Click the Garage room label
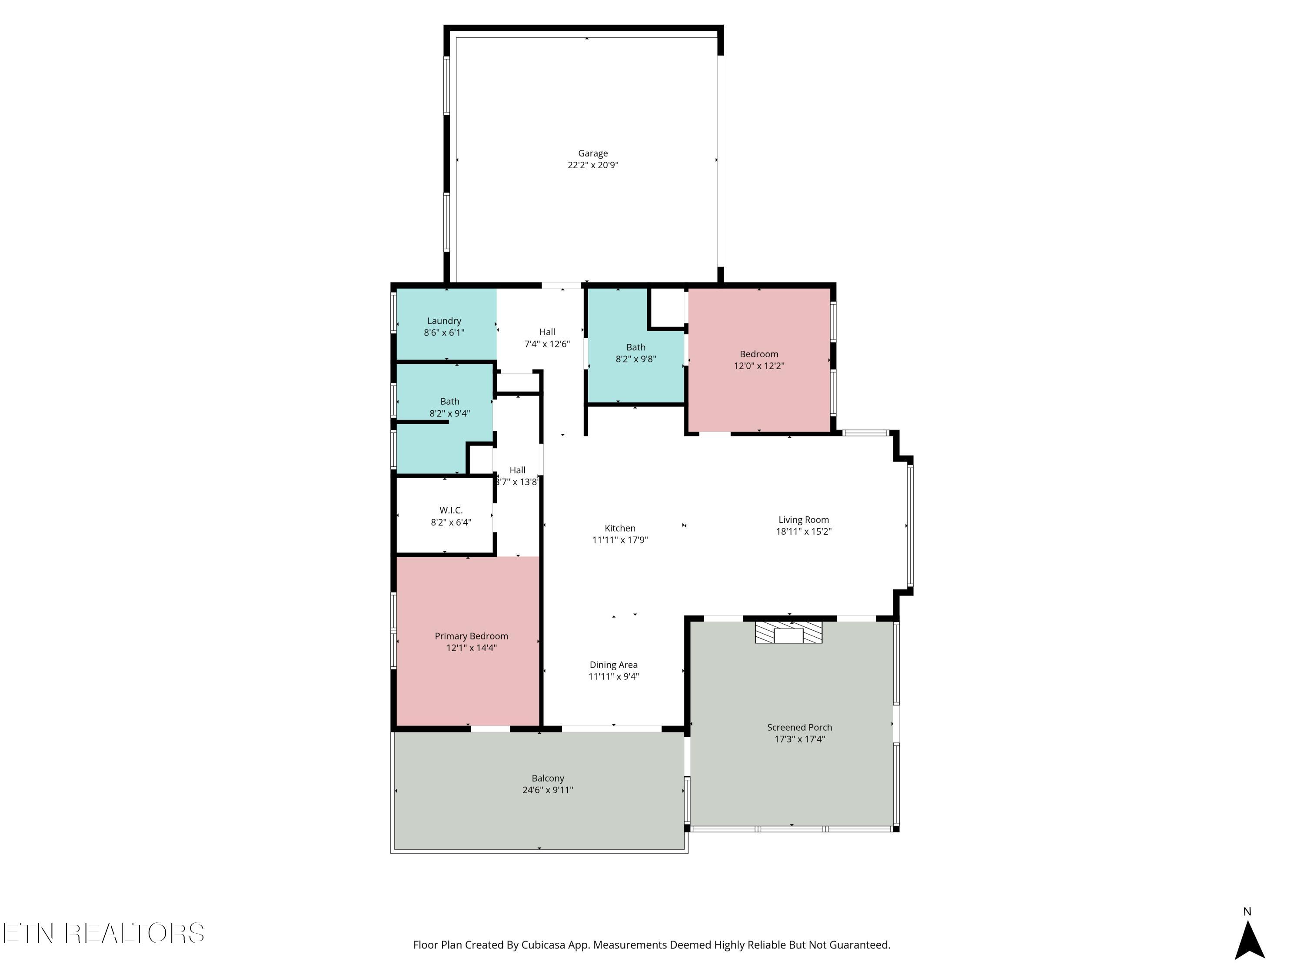pyautogui.click(x=592, y=153)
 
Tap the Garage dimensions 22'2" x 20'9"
pyautogui.click(x=592, y=165)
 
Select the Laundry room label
pyautogui.click(x=444, y=321)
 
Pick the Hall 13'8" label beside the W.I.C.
pyautogui.click(x=517, y=476)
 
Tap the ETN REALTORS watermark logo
pyautogui.click(x=104, y=933)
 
